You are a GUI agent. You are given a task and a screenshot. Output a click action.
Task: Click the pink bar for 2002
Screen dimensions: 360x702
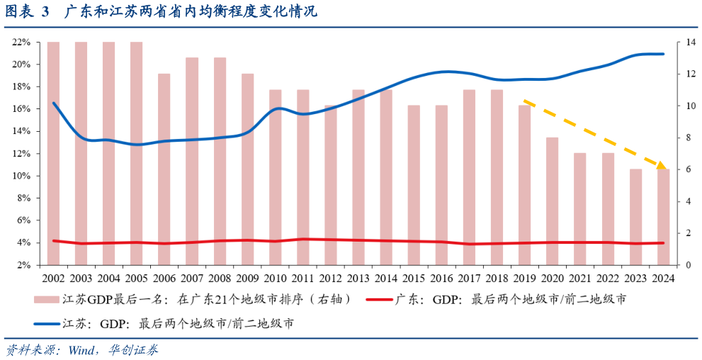[53, 153]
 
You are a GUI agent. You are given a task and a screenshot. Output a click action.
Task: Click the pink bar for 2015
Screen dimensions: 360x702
[414, 185]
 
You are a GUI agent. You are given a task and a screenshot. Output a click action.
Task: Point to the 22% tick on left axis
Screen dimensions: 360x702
[21, 43]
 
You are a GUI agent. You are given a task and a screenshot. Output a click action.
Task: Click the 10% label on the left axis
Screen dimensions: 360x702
[21, 176]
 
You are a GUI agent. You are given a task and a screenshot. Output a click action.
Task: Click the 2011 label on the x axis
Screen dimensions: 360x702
[302, 279]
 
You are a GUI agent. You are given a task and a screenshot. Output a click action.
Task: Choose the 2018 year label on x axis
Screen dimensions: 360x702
[497, 279]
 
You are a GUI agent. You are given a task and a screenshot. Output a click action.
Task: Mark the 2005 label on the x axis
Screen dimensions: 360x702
[137, 279]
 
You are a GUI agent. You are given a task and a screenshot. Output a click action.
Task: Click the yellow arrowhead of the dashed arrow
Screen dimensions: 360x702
[661, 166]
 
